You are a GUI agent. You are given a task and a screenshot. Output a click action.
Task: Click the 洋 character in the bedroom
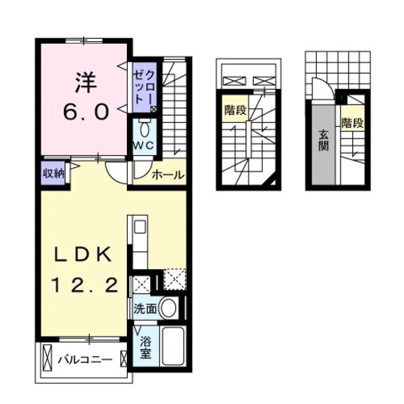(x=84, y=82)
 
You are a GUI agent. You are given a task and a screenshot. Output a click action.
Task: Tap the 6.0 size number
(x=84, y=111)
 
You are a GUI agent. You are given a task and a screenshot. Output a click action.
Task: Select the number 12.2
(x=84, y=286)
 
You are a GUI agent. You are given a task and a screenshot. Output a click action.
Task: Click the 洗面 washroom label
(x=144, y=309)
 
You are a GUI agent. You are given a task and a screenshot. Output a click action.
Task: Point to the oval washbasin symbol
(x=169, y=307)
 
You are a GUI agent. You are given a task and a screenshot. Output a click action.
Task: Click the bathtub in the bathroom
(x=172, y=347)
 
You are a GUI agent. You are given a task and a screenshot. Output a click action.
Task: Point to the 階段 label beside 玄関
(x=351, y=123)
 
